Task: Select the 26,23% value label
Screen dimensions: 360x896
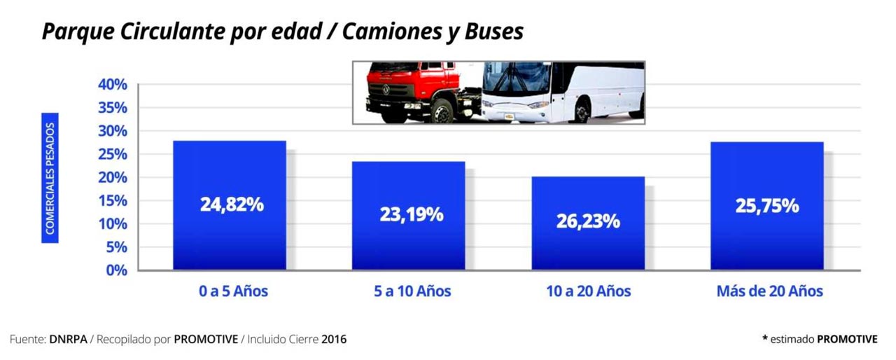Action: (x=588, y=221)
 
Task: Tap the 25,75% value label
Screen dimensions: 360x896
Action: (x=766, y=206)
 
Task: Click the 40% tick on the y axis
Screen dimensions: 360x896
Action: (x=112, y=85)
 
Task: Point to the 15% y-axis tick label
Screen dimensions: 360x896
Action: (x=112, y=201)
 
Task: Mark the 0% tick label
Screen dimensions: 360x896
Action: (x=115, y=270)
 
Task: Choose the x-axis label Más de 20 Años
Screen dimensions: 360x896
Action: (x=769, y=291)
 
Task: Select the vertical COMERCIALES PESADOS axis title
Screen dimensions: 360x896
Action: (x=50, y=178)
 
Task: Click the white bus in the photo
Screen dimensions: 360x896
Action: (x=567, y=91)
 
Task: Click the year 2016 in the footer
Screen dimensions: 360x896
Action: (x=334, y=340)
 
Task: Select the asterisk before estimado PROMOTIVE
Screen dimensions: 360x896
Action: (x=764, y=339)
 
